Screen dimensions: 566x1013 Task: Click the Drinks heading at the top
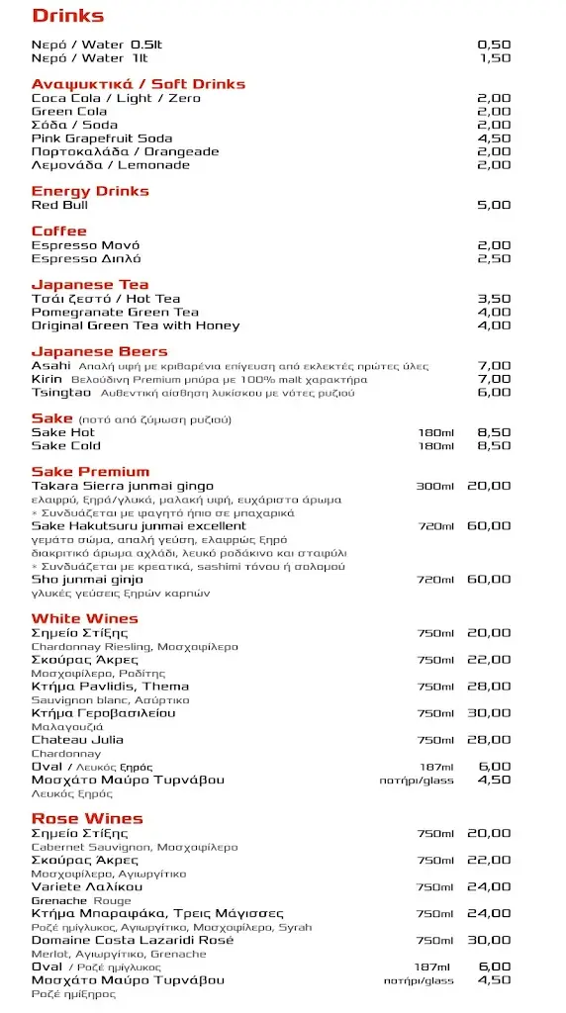(68, 16)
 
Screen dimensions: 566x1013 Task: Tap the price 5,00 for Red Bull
(494, 205)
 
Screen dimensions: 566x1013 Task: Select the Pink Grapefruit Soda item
(101, 138)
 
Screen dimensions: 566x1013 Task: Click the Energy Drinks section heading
(90, 191)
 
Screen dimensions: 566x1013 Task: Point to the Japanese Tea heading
(90, 285)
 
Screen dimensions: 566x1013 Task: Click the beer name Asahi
(51, 366)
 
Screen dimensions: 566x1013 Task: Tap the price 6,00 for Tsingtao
(494, 393)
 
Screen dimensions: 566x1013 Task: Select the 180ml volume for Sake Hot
(435, 432)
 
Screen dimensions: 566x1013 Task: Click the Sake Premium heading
(90, 472)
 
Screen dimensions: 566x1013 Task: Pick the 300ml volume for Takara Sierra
(434, 486)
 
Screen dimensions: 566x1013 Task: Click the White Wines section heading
(84, 619)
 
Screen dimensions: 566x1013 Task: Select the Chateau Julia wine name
(77, 740)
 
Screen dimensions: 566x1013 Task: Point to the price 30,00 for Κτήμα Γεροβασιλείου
(490, 713)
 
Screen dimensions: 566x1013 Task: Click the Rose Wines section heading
(87, 819)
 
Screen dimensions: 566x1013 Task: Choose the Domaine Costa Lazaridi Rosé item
(133, 941)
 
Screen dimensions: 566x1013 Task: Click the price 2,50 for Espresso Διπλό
(494, 258)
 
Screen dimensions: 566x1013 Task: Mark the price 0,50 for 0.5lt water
(494, 45)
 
